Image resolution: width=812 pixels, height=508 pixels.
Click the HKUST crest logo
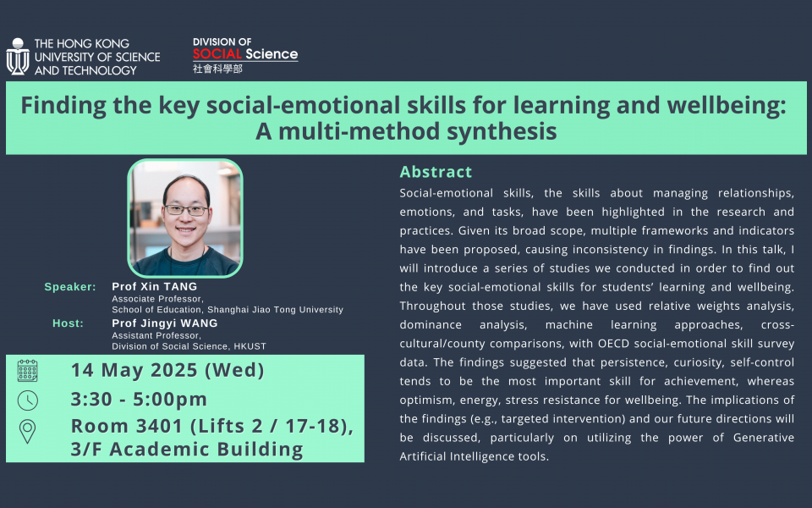click(x=18, y=57)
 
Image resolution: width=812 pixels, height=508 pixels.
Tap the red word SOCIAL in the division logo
click(x=217, y=54)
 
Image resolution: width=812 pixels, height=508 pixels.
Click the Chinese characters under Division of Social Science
click(x=217, y=69)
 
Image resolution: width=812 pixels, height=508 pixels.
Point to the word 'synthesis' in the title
click(x=502, y=131)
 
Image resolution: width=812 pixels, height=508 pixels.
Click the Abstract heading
click(x=436, y=172)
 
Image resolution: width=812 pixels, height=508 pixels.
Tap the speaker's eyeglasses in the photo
click(x=186, y=210)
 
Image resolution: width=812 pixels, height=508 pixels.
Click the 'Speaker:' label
click(x=70, y=287)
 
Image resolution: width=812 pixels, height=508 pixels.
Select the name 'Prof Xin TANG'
click(x=154, y=287)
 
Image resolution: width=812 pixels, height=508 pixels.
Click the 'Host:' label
click(x=68, y=323)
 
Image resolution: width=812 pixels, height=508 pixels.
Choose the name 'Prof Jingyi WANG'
click(x=165, y=323)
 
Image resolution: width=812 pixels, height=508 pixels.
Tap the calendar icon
click(x=27, y=371)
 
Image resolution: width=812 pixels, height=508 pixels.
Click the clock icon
click(x=27, y=400)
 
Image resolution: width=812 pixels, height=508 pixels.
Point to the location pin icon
click(x=27, y=431)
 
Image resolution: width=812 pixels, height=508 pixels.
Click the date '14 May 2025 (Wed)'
click(x=167, y=370)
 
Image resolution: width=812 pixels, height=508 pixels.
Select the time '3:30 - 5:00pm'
click(x=139, y=399)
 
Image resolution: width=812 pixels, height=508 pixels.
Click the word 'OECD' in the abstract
click(x=613, y=344)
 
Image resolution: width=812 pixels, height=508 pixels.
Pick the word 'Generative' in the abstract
click(x=763, y=438)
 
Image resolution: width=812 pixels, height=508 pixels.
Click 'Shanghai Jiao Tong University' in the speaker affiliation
click(x=276, y=310)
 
